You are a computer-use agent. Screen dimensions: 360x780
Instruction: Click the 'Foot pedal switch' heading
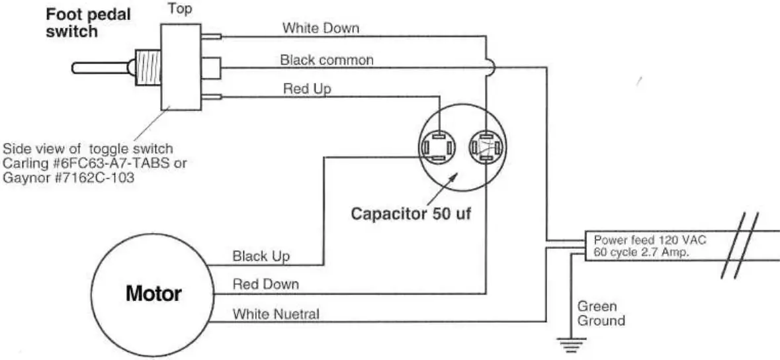pyautogui.click(x=89, y=22)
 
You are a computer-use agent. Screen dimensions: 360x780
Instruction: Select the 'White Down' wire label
pyautogui.click(x=320, y=28)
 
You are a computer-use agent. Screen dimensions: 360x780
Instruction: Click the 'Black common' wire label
pyautogui.click(x=327, y=60)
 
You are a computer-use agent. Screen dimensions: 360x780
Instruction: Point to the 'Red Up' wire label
pyautogui.click(x=307, y=88)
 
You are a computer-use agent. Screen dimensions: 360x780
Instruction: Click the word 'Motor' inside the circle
pyautogui.click(x=153, y=293)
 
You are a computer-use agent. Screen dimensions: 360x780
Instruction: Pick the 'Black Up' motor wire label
pyautogui.click(x=261, y=256)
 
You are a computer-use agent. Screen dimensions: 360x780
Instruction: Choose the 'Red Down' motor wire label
pyautogui.click(x=265, y=285)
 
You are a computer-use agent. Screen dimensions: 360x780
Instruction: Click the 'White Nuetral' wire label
pyautogui.click(x=275, y=314)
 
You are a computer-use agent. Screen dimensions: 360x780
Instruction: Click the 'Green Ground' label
pyautogui.click(x=600, y=314)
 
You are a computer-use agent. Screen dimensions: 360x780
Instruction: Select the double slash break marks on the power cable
pyautogui.click(x=736, y=246)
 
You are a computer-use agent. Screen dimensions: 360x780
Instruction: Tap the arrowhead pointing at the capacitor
pyautogui.click(x=451, y=177)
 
